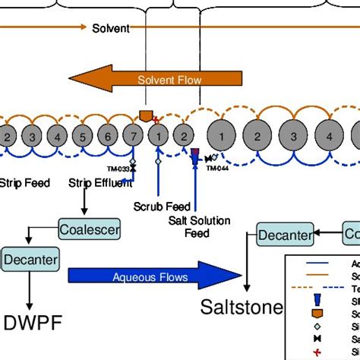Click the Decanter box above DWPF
(x=31, y=260)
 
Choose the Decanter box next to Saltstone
(x=285, y=235)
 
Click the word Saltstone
(x=242, y=308)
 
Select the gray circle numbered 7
(x=133, y=137)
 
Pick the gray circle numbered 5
(x=83, y=137)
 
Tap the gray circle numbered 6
(x=108, y=137)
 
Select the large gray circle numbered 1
(x=222, y=137)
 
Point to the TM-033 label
(x=118, y=169)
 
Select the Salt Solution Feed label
(x=197, y=227)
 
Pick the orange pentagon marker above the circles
(x=147, y=115)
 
